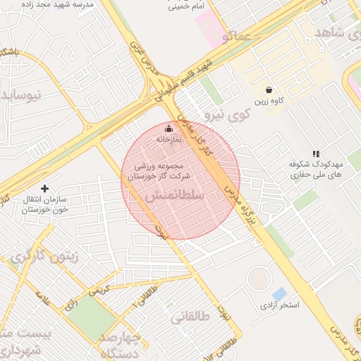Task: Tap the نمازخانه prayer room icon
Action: [168, 128]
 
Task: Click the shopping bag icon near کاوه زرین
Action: [269, 90]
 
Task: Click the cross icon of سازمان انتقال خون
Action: [45, 188]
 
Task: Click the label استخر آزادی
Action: [280, 305]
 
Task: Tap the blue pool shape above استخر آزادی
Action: [279, 293]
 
